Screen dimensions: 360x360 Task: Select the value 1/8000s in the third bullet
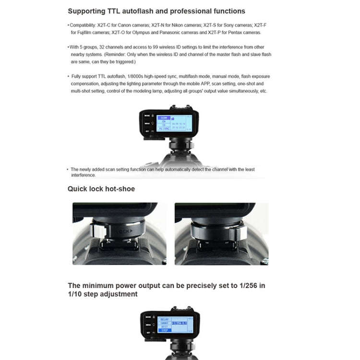point(136,76)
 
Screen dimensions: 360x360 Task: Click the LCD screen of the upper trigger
point(176,121)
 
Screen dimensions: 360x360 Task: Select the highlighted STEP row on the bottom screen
point(165,331)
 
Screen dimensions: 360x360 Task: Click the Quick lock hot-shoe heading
point(101,189)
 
